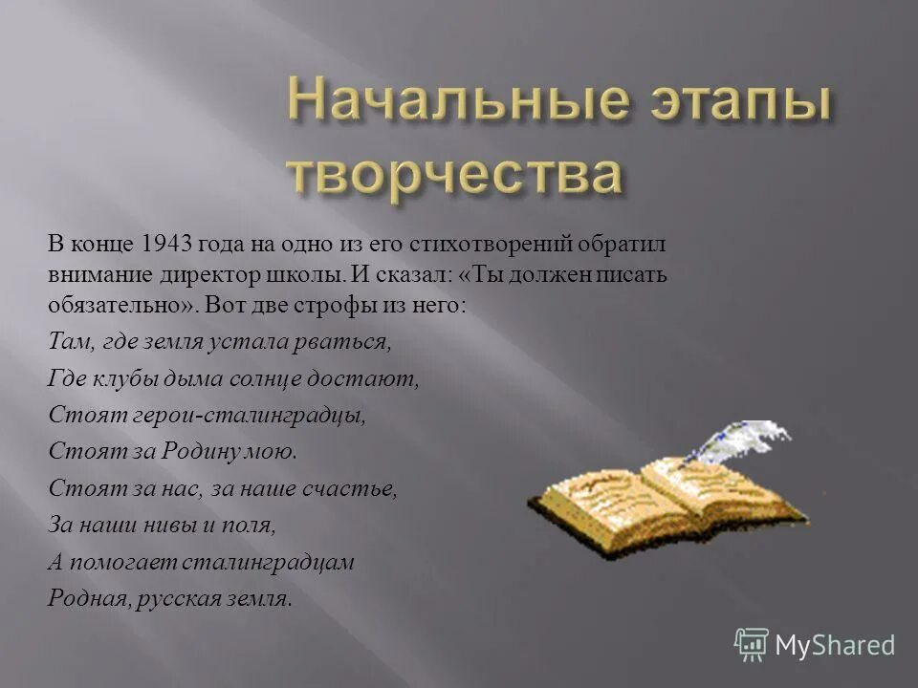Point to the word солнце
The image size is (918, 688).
[x=271, y=377]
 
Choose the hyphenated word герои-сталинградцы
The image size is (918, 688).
[x=235, y=415]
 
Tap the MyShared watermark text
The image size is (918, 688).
[x=835, y=645]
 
